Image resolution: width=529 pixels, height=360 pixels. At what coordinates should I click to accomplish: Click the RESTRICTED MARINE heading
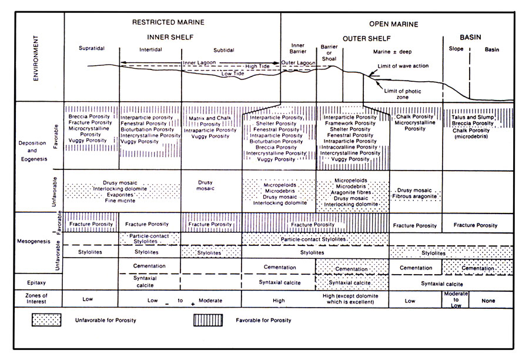168,22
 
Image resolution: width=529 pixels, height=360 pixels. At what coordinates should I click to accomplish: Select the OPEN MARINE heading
393,24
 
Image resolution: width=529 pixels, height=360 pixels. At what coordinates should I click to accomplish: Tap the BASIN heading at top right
470,37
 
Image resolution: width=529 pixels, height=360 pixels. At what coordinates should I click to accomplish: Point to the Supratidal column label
92,48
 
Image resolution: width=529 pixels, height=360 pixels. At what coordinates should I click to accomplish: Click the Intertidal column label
150,49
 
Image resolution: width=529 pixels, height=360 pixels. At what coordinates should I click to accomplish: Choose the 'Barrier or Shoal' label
329,53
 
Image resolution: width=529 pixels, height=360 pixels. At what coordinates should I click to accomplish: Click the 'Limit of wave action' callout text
403,66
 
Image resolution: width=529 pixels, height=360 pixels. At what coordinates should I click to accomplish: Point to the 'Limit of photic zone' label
403,94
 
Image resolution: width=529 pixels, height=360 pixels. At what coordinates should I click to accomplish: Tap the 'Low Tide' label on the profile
232,74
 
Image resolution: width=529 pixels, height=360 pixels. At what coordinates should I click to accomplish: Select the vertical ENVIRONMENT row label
36,58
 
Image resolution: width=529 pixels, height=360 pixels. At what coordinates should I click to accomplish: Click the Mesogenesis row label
34,241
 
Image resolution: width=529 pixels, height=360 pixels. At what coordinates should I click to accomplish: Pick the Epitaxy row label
36,283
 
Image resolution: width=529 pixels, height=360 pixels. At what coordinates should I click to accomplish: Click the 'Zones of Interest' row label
36,299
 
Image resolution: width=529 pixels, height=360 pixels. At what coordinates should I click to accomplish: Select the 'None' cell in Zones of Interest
488,301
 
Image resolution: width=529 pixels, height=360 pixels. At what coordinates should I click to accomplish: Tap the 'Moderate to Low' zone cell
456,299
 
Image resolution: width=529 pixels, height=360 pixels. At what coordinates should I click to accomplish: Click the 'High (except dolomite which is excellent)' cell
350,299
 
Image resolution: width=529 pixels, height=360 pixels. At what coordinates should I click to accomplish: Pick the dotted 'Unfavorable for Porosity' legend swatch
46,320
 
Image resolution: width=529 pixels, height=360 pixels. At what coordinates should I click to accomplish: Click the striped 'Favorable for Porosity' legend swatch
208,320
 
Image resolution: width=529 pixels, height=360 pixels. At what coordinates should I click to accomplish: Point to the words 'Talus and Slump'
473,117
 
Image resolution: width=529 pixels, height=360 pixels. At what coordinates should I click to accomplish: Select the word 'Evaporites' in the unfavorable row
120,195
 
